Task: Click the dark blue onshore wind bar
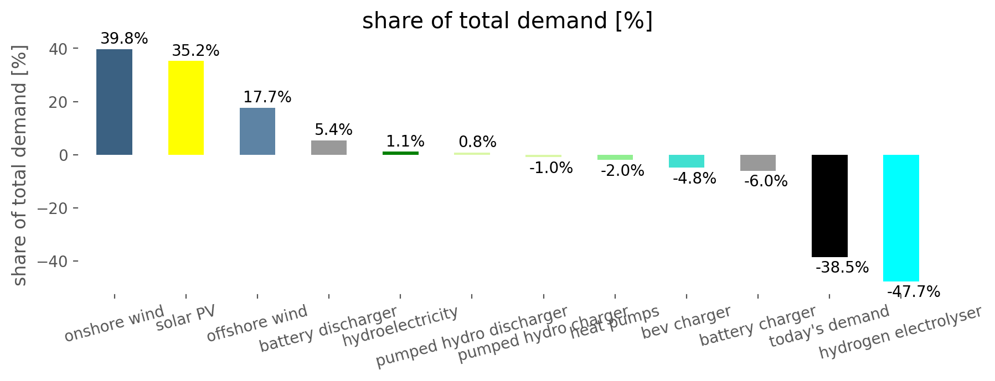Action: (x=114, y=102)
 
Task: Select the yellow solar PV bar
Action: (x=185, y=108)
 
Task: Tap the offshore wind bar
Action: (x=257, y=132)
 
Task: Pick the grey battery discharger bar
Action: (x=329, y=148)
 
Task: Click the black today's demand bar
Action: (x=829, y=206)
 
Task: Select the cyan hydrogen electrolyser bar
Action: (x=901, y=218)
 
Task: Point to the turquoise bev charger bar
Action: (x=687, y=161)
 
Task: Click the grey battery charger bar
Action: (x=758, y=163)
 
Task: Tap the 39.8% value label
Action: (x=124, y=39)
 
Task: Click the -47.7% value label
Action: (x=914, y=291)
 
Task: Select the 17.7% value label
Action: (x=267, y=97)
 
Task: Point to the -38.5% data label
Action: (x=842, y=268)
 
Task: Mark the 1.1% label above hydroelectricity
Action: (x=405, y=142)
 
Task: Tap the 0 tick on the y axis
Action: (x=64, y=155)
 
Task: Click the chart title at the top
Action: (x=507, y=21)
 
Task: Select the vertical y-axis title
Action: (x=20, y=166)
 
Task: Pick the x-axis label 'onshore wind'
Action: (x=115, y=323)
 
